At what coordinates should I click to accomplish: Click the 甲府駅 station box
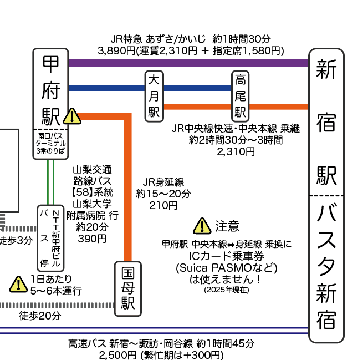(x=50, y=89)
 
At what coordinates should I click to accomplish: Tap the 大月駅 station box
(x=154, y=95)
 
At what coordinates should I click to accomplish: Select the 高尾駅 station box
(x=240, y=95)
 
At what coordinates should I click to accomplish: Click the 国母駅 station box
(x=128, y=288)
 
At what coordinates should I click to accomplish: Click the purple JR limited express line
(x=188, y=63)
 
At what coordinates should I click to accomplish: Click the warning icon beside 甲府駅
(x=72, y=116)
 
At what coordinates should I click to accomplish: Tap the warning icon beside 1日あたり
(x=19, y=284)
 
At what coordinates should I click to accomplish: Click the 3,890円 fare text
(x=116, y=50)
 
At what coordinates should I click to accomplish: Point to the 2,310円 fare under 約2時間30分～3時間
(x=236, y=150)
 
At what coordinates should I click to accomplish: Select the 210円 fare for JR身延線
(x=163, y=205)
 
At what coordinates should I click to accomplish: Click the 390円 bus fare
(x=92, y=239)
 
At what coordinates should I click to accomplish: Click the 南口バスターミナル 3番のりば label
(x=50, y=143)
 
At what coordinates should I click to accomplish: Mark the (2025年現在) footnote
(x=226, y=289)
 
